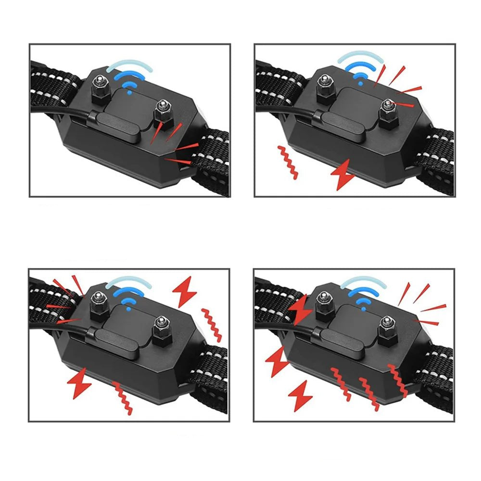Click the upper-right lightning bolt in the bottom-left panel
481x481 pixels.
tap(184, 291)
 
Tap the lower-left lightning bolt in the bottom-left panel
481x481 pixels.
tap(79, 383)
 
